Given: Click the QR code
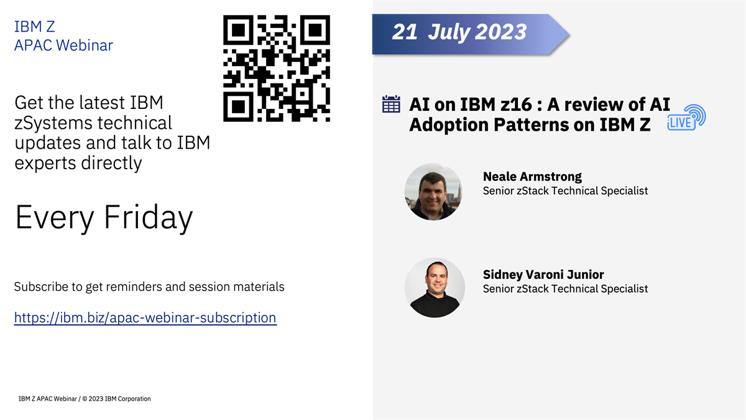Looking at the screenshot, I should (x=276, y=68).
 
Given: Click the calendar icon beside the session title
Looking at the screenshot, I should (x=390, y=105).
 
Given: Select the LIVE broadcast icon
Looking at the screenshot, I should (x=685, y=118).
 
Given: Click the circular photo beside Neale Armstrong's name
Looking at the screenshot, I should (x=433, y=192).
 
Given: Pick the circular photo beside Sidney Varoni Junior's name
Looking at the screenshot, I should (x=435, y=287).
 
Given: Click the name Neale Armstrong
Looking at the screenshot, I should (x=532, y=176).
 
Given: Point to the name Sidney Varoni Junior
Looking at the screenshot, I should (x=543, y=274).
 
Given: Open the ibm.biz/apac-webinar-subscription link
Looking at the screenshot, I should (x=145, y=318).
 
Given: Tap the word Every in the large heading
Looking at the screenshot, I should (x=54, y=217).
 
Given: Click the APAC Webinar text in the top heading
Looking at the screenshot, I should (x=63, y=45).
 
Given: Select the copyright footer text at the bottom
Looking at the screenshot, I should (x=85, y=399).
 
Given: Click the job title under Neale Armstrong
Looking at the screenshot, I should (x=565, y=191).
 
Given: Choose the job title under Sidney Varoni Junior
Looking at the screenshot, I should (x=565, y=289).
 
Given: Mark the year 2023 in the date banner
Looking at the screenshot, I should (x=501, y=32).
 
